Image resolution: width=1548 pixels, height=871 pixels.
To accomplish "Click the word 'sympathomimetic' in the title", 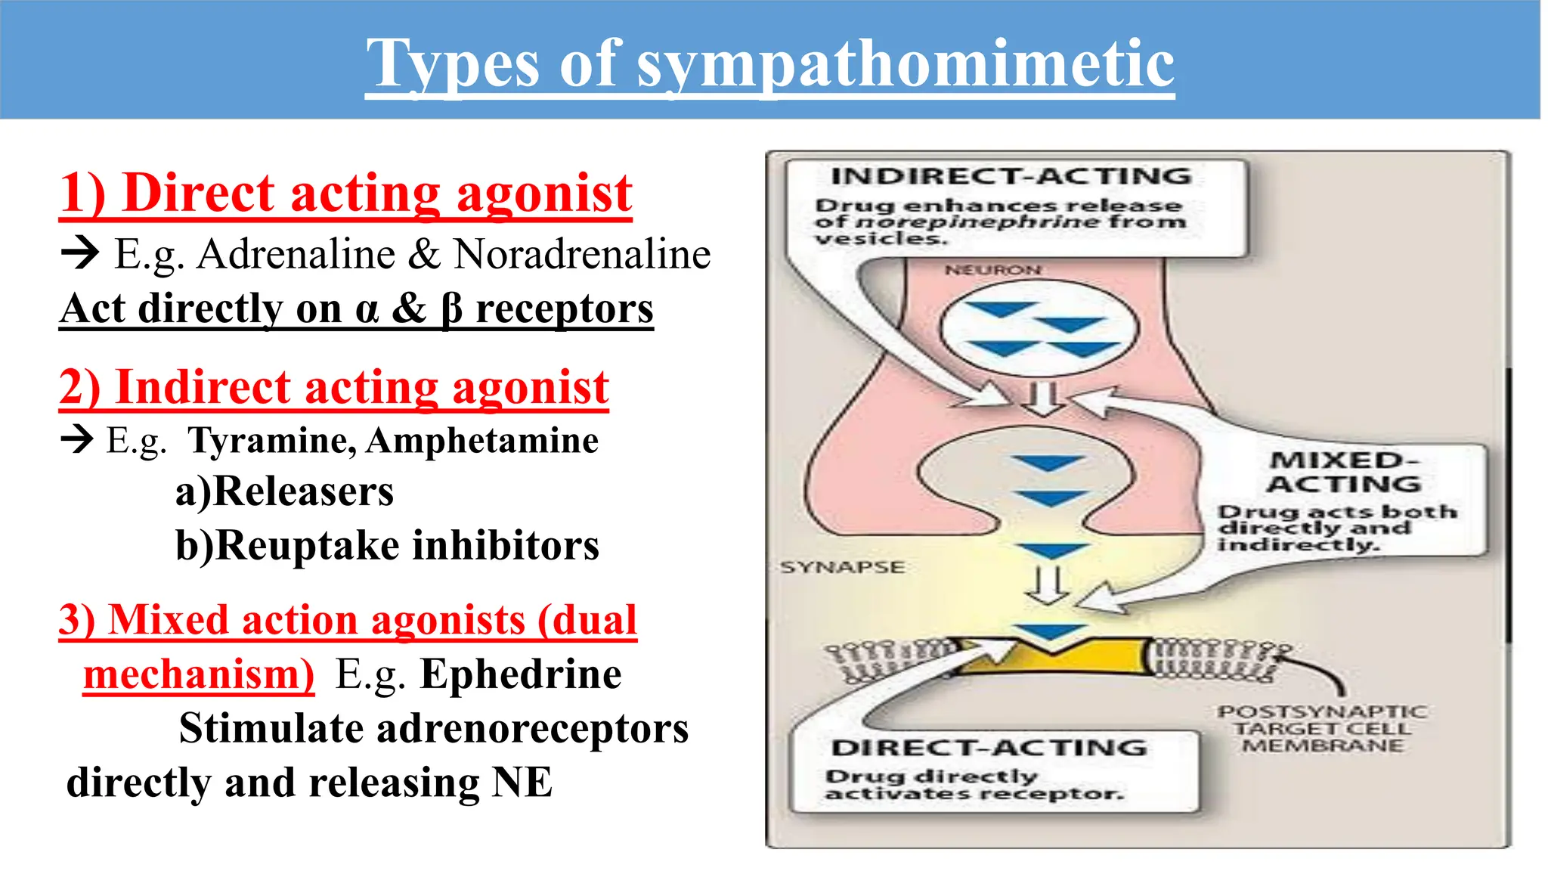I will [906, 65].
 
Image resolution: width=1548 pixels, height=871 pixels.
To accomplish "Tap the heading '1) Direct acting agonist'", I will [345, 194].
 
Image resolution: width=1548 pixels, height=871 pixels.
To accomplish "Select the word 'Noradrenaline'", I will [582, 254].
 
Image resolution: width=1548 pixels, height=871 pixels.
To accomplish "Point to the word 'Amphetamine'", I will [482, 441].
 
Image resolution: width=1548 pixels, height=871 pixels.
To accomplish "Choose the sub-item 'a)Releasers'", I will [284, 492].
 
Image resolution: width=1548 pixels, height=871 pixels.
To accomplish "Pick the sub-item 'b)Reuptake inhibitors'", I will [387, 546].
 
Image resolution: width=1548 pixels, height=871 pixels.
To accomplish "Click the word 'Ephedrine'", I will [521, 674].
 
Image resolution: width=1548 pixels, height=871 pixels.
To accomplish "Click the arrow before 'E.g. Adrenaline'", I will [80, 253].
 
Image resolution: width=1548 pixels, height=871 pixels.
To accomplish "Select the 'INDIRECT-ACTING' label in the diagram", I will [1011, 176].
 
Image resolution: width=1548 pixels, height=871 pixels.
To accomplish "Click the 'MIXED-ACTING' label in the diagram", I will [1344, 472].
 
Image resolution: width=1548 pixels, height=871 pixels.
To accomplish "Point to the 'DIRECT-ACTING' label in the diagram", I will [989, 748].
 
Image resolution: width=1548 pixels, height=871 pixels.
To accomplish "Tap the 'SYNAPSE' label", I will [842, 567].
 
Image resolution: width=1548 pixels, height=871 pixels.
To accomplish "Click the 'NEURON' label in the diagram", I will [993, 270].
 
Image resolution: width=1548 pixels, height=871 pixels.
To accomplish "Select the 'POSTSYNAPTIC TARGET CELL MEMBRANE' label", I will [1322, 729].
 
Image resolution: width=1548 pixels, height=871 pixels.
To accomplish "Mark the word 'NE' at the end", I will [522, 783].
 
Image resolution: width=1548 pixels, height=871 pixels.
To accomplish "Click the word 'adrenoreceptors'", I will [532, 730].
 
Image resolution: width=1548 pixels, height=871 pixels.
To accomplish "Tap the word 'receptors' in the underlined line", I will [564, 309].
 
